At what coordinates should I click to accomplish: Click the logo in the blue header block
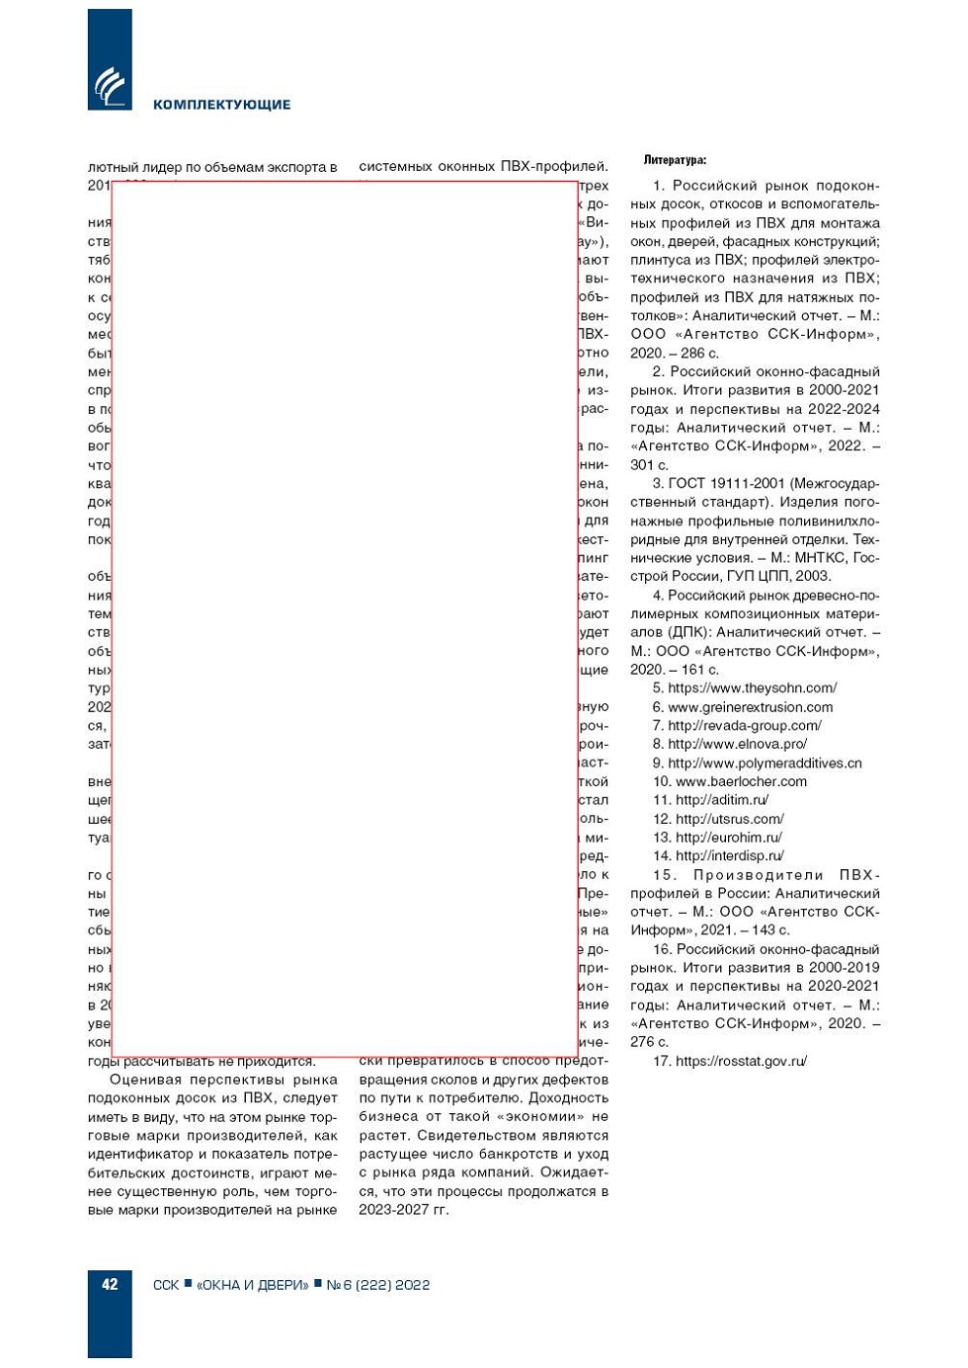click(x=110, y=86)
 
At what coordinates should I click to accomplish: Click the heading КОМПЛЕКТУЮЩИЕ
click(x=221, y=105)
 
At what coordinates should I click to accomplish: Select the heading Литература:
click(x=675, y=160)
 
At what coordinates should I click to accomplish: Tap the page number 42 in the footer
click(x=110, y=1284)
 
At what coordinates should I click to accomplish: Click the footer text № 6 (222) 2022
click(x=378, y=1285)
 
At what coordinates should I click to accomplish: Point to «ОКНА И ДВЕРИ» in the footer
click(x=252, y=1285)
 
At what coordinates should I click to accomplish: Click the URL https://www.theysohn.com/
click(x=752, y=688)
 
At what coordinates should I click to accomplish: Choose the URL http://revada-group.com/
click(x=744, y=726)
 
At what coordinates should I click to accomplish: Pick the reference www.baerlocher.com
click(x=741, y=782)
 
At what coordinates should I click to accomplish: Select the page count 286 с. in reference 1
click(x=699, y=354)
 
